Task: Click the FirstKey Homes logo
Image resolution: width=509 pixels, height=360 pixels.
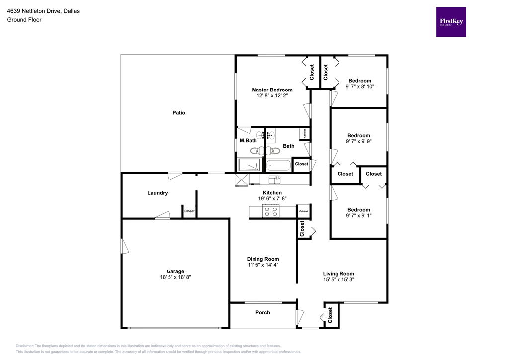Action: click(x=451, y=22)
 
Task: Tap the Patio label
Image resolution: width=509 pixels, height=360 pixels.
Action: click(x=179, y=113)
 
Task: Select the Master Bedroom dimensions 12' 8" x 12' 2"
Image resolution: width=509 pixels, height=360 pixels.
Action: click(x=272, y=96)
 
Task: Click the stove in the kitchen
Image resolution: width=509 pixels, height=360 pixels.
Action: click(x=272, y=211)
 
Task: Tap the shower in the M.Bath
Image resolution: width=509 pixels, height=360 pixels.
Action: click(x=247, y=165)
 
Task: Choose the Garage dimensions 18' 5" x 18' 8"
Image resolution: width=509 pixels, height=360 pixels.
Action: click(x=175, y=278)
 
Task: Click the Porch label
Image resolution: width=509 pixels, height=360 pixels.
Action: click(x=263, y=312)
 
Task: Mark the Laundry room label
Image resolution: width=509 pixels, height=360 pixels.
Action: click(x=157, y=193)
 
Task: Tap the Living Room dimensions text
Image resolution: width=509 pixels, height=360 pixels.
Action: click(x=339, y=280)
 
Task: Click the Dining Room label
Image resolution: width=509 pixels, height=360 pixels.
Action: click(x=263, y=259)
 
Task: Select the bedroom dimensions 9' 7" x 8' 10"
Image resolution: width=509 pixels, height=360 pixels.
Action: click(x=359, y=87)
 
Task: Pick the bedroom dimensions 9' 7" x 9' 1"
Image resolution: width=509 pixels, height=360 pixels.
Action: click(x=358, y=216)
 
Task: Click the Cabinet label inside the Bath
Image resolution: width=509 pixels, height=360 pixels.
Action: click(x=303, y=133)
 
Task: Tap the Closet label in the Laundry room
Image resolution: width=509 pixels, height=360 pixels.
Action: click(x=189, y=211)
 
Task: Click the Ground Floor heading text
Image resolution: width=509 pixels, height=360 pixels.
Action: click(x=24, y=20)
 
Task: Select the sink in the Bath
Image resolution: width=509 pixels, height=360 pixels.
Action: click(x=271, y=135)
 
